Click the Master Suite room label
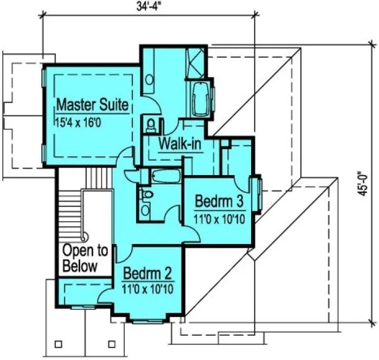(x=93, y=103)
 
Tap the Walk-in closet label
(x=180, y=144)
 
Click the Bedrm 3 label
(x=219, y=202)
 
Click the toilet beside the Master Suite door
(x=150, y=124)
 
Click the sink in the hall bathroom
(x=145, y=210)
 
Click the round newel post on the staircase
(x=84, y=236)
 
